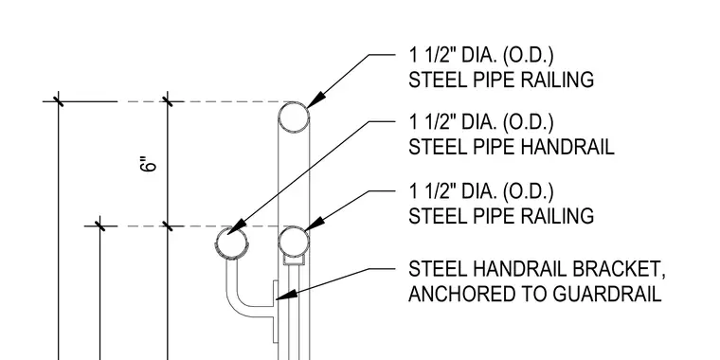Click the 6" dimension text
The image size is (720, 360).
(x=148, y=165)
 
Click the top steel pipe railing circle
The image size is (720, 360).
(x=294, y=103)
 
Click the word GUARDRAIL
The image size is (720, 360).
(x=607, y=294)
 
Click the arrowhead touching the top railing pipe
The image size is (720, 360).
(x=315, y=100)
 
